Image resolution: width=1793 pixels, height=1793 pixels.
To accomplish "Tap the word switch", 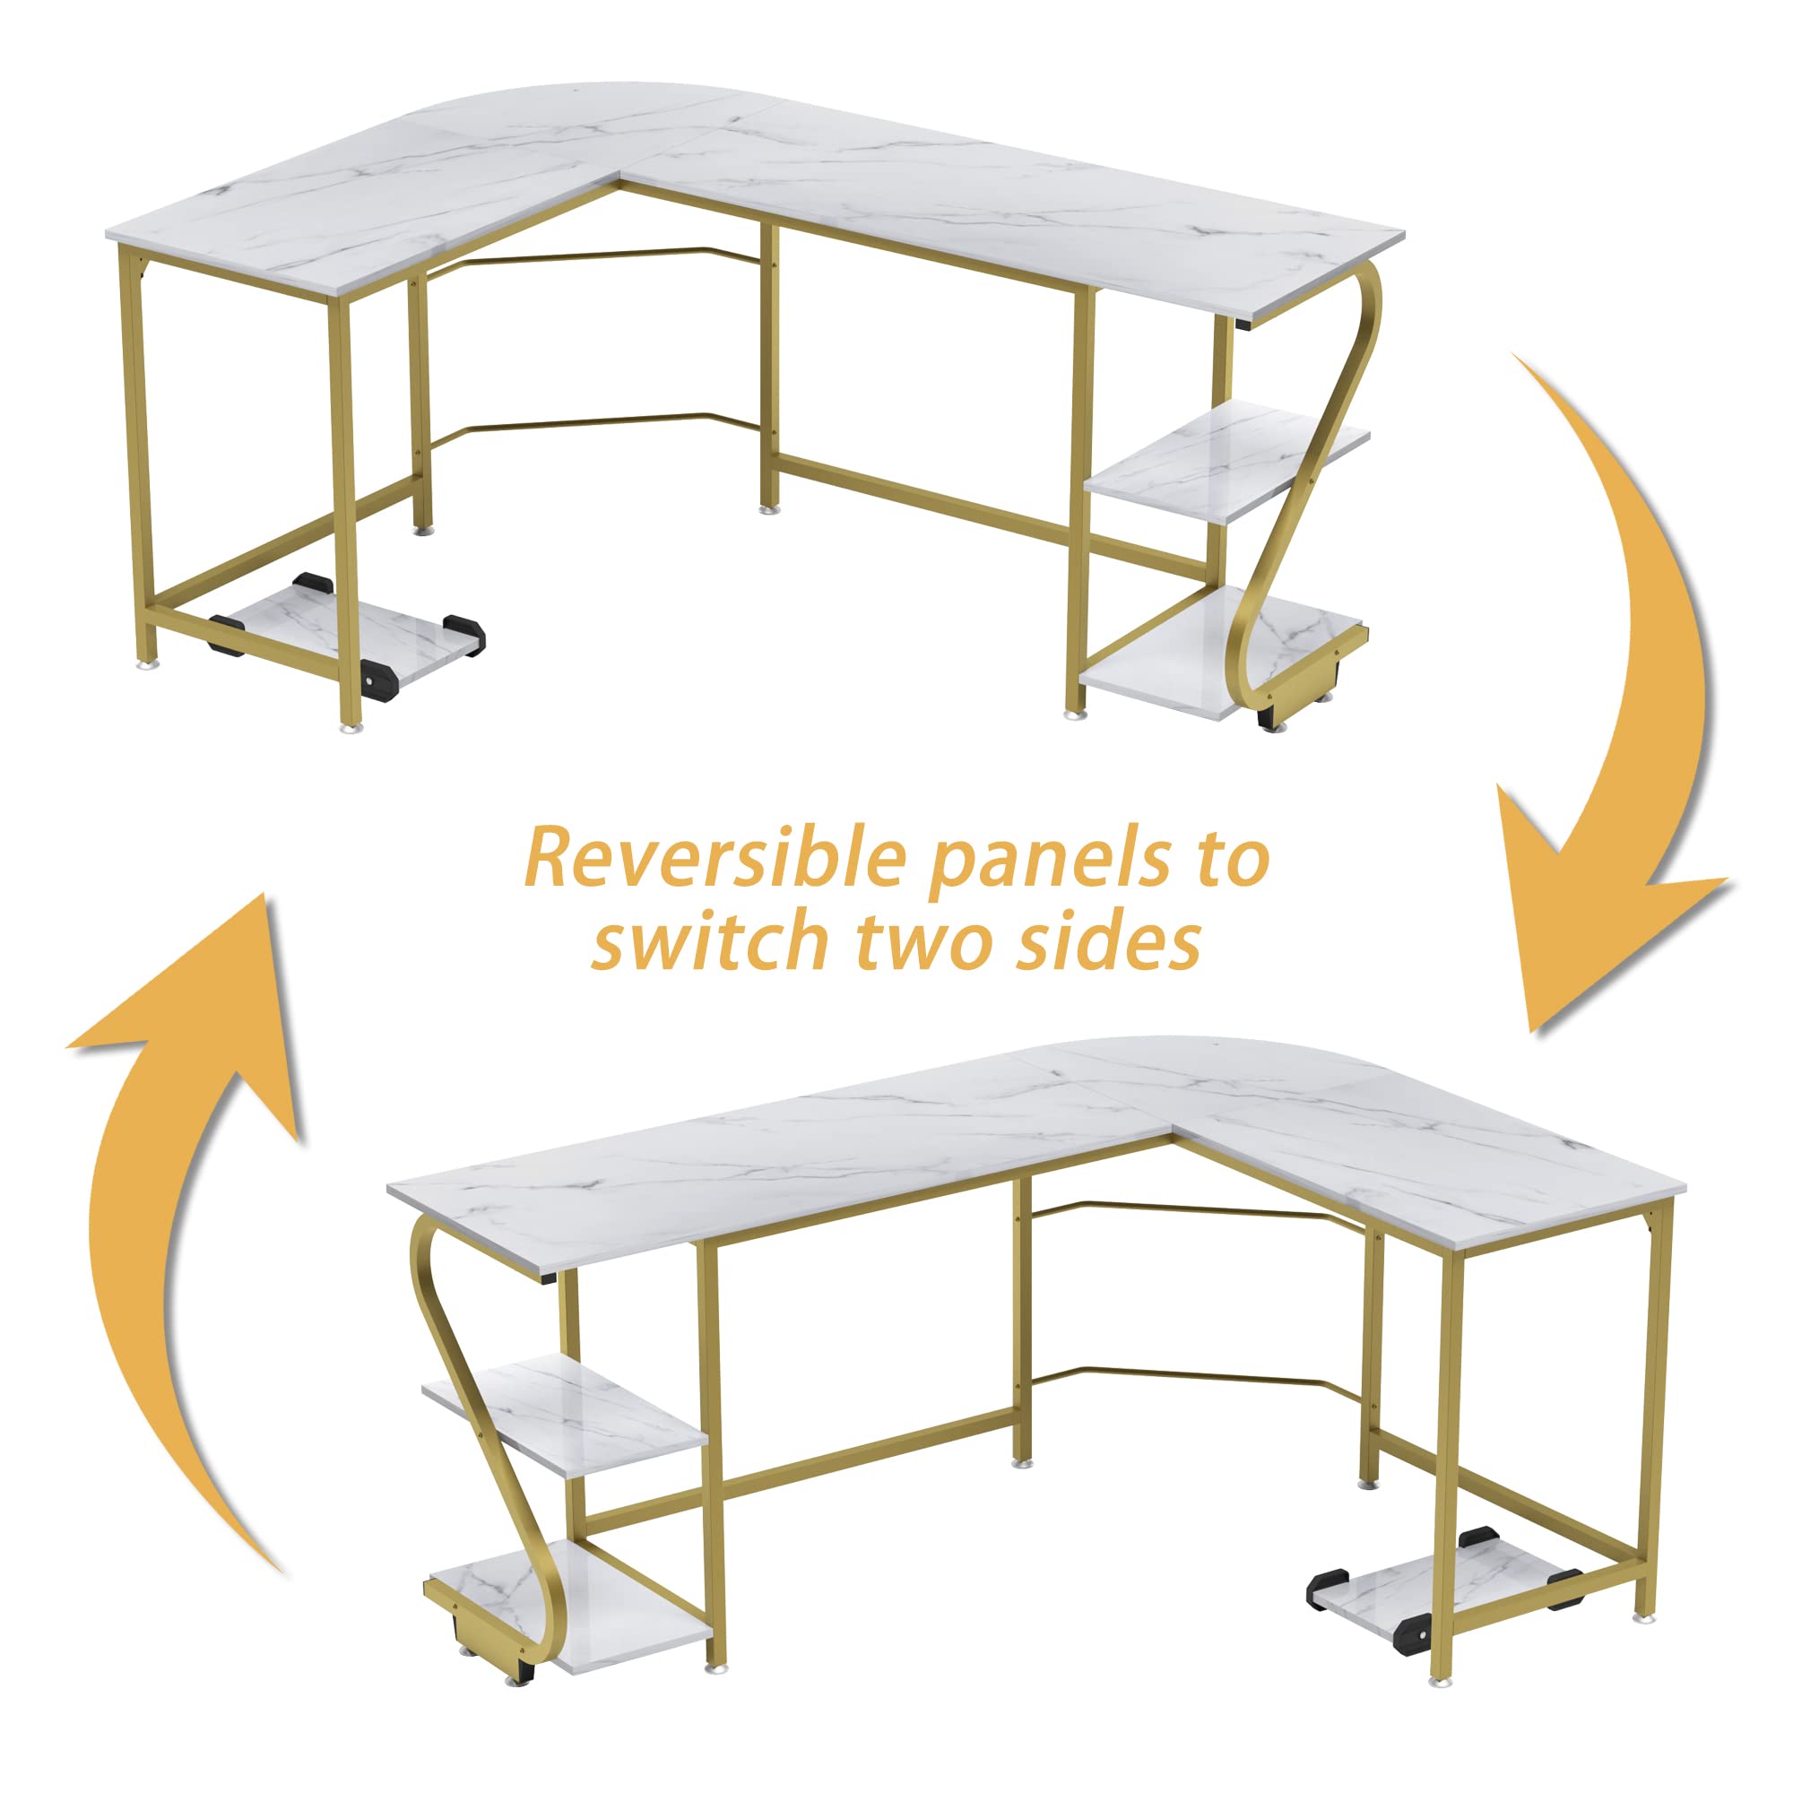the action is click(x=714, y=940).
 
